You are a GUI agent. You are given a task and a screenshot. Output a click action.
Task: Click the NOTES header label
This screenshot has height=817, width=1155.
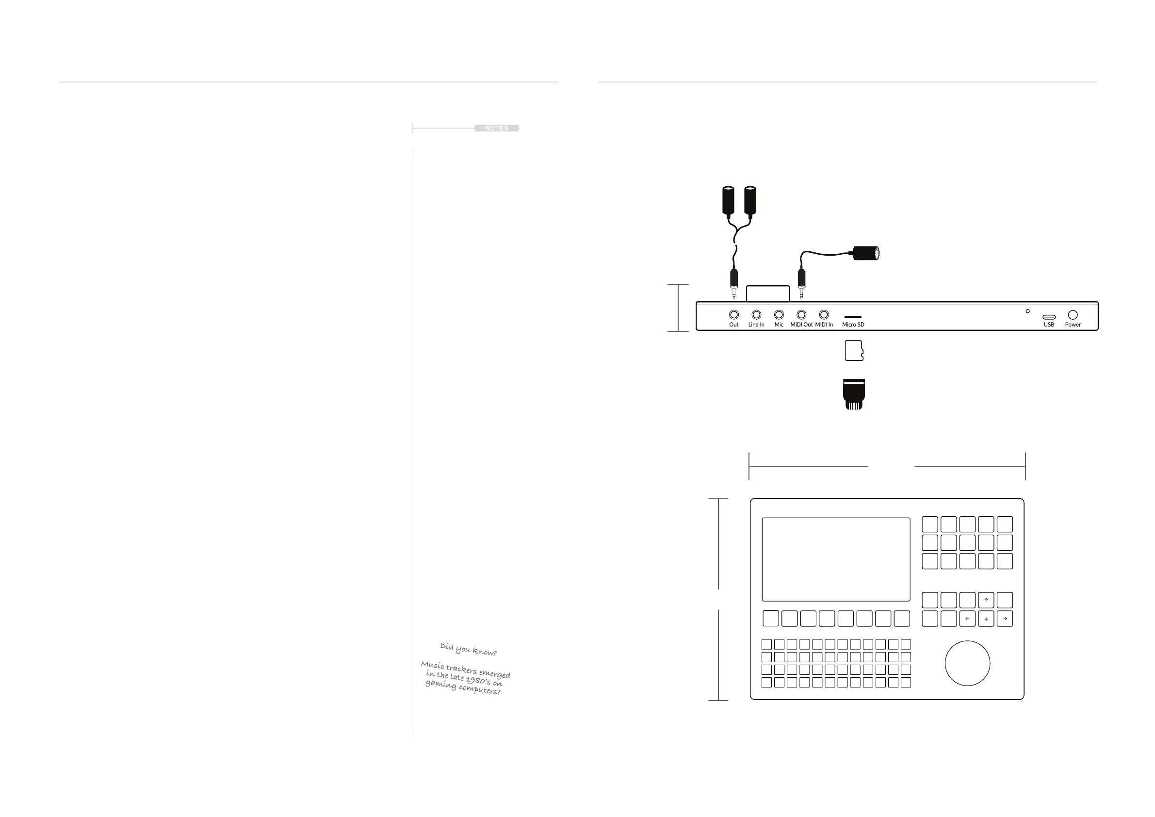496,128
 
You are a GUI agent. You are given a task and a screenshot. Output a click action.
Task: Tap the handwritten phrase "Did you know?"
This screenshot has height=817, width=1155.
468,649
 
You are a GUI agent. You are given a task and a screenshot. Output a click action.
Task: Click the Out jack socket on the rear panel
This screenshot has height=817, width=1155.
734,315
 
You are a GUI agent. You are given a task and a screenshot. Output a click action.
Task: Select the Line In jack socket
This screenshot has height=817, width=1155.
756,315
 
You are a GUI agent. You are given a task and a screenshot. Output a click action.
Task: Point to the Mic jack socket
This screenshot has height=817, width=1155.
779,315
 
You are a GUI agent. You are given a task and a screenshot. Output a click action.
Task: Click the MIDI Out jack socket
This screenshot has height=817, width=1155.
801,315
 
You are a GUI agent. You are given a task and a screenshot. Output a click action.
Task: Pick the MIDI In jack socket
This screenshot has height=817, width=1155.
824,315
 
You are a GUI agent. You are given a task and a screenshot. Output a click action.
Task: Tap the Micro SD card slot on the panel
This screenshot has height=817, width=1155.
853,317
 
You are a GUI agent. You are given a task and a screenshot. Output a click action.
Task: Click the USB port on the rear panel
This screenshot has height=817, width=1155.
1049,317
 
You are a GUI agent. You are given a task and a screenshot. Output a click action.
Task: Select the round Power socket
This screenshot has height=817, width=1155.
1073,315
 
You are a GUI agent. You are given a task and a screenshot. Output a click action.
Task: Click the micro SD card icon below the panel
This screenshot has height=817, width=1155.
854,351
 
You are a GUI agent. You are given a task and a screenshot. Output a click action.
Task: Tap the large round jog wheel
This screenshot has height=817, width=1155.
967,663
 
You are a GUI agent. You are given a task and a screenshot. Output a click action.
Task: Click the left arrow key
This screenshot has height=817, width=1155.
967,619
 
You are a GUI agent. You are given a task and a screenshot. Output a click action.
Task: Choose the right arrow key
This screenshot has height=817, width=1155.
1005,619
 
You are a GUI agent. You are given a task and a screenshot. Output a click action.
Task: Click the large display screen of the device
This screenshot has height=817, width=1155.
835,559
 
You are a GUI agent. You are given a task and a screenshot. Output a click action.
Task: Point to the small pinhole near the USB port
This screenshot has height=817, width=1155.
1028,311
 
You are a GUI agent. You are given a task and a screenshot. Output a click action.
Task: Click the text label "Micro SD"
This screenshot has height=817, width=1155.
853,325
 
